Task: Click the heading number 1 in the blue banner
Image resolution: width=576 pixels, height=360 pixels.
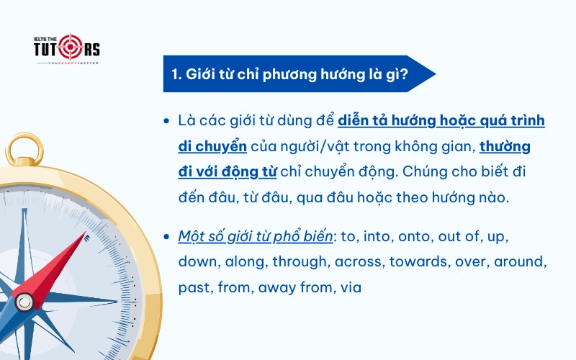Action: tap(176, 74)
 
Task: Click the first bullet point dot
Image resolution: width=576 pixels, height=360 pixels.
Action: tap(167, 120)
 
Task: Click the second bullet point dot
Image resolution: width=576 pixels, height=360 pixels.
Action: tap(167, 237)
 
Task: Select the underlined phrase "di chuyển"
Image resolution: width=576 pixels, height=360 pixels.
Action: tap(212, 146)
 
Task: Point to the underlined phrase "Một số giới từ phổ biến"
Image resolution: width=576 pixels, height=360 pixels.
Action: tap(256, 237)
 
